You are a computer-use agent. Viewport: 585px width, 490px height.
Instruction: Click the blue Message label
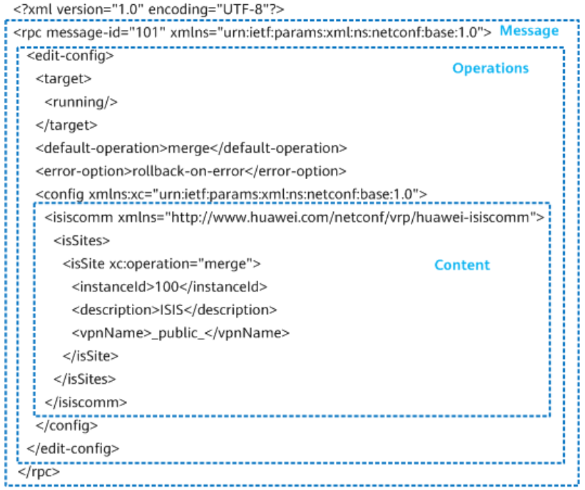[529, 31]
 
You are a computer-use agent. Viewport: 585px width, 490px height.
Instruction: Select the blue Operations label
[491, 68]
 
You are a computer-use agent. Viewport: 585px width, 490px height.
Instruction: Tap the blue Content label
[462, 265]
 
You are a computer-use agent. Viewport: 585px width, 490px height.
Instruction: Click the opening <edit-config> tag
[71, 56]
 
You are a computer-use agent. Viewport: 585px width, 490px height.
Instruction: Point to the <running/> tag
[81, 102]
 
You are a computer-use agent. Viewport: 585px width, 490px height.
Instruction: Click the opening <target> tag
[63, 78]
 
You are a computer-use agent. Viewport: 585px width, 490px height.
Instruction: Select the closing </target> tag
[67, 125]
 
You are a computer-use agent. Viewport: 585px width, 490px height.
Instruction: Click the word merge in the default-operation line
[189, 148]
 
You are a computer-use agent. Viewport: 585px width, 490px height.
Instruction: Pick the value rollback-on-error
[189, 171]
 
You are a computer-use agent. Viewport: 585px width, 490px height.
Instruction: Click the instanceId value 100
[167, 287]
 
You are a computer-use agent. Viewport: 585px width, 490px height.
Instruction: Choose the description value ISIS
[171, 310]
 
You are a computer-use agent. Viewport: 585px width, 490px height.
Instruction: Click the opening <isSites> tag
[82, 241]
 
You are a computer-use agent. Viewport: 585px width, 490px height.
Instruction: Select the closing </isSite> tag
[91, 356]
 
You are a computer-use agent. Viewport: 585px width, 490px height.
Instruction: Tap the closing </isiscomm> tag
[86, 403]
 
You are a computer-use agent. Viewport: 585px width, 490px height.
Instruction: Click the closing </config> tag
[67, 425]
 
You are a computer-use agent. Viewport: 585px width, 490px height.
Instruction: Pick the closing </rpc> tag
[39, 472]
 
